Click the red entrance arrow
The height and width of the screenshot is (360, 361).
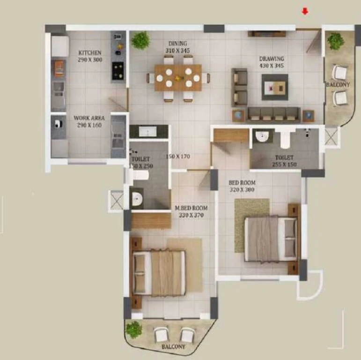(x=305, y=11)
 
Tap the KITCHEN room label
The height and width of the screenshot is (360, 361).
(x=90, y=53)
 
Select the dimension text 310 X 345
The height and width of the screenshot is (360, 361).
(x=177, y=51)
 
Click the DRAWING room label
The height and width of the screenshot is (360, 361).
(x=272, y=59)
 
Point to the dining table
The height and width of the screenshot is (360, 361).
(x=178, y=78)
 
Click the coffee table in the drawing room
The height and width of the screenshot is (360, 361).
(x=275, y=87)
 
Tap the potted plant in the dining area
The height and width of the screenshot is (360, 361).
(x=140, y=40)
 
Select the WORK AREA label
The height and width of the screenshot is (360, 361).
(x=89, y=118)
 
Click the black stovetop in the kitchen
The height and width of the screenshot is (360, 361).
(x=118, y=70)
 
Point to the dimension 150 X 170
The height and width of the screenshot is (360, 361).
(x=178, y=157)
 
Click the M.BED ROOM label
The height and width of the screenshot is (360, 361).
(x=191, y=208)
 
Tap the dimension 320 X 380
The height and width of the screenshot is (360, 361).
(x=242, y=190)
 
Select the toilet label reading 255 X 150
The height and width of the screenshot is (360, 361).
(x=284, y=165)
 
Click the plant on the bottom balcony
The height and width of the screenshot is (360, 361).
(x=134, y=330)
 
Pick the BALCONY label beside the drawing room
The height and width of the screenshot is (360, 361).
(x=338, y=84)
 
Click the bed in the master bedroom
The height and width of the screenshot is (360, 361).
(x=158, y=272)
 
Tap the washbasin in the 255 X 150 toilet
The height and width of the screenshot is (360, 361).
(x=262, y=136)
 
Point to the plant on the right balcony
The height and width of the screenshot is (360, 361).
(x=336, y=41)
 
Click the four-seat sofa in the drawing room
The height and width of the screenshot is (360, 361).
(x=274, y=114)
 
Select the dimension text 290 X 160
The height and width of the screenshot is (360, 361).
(x=89, y=125)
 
